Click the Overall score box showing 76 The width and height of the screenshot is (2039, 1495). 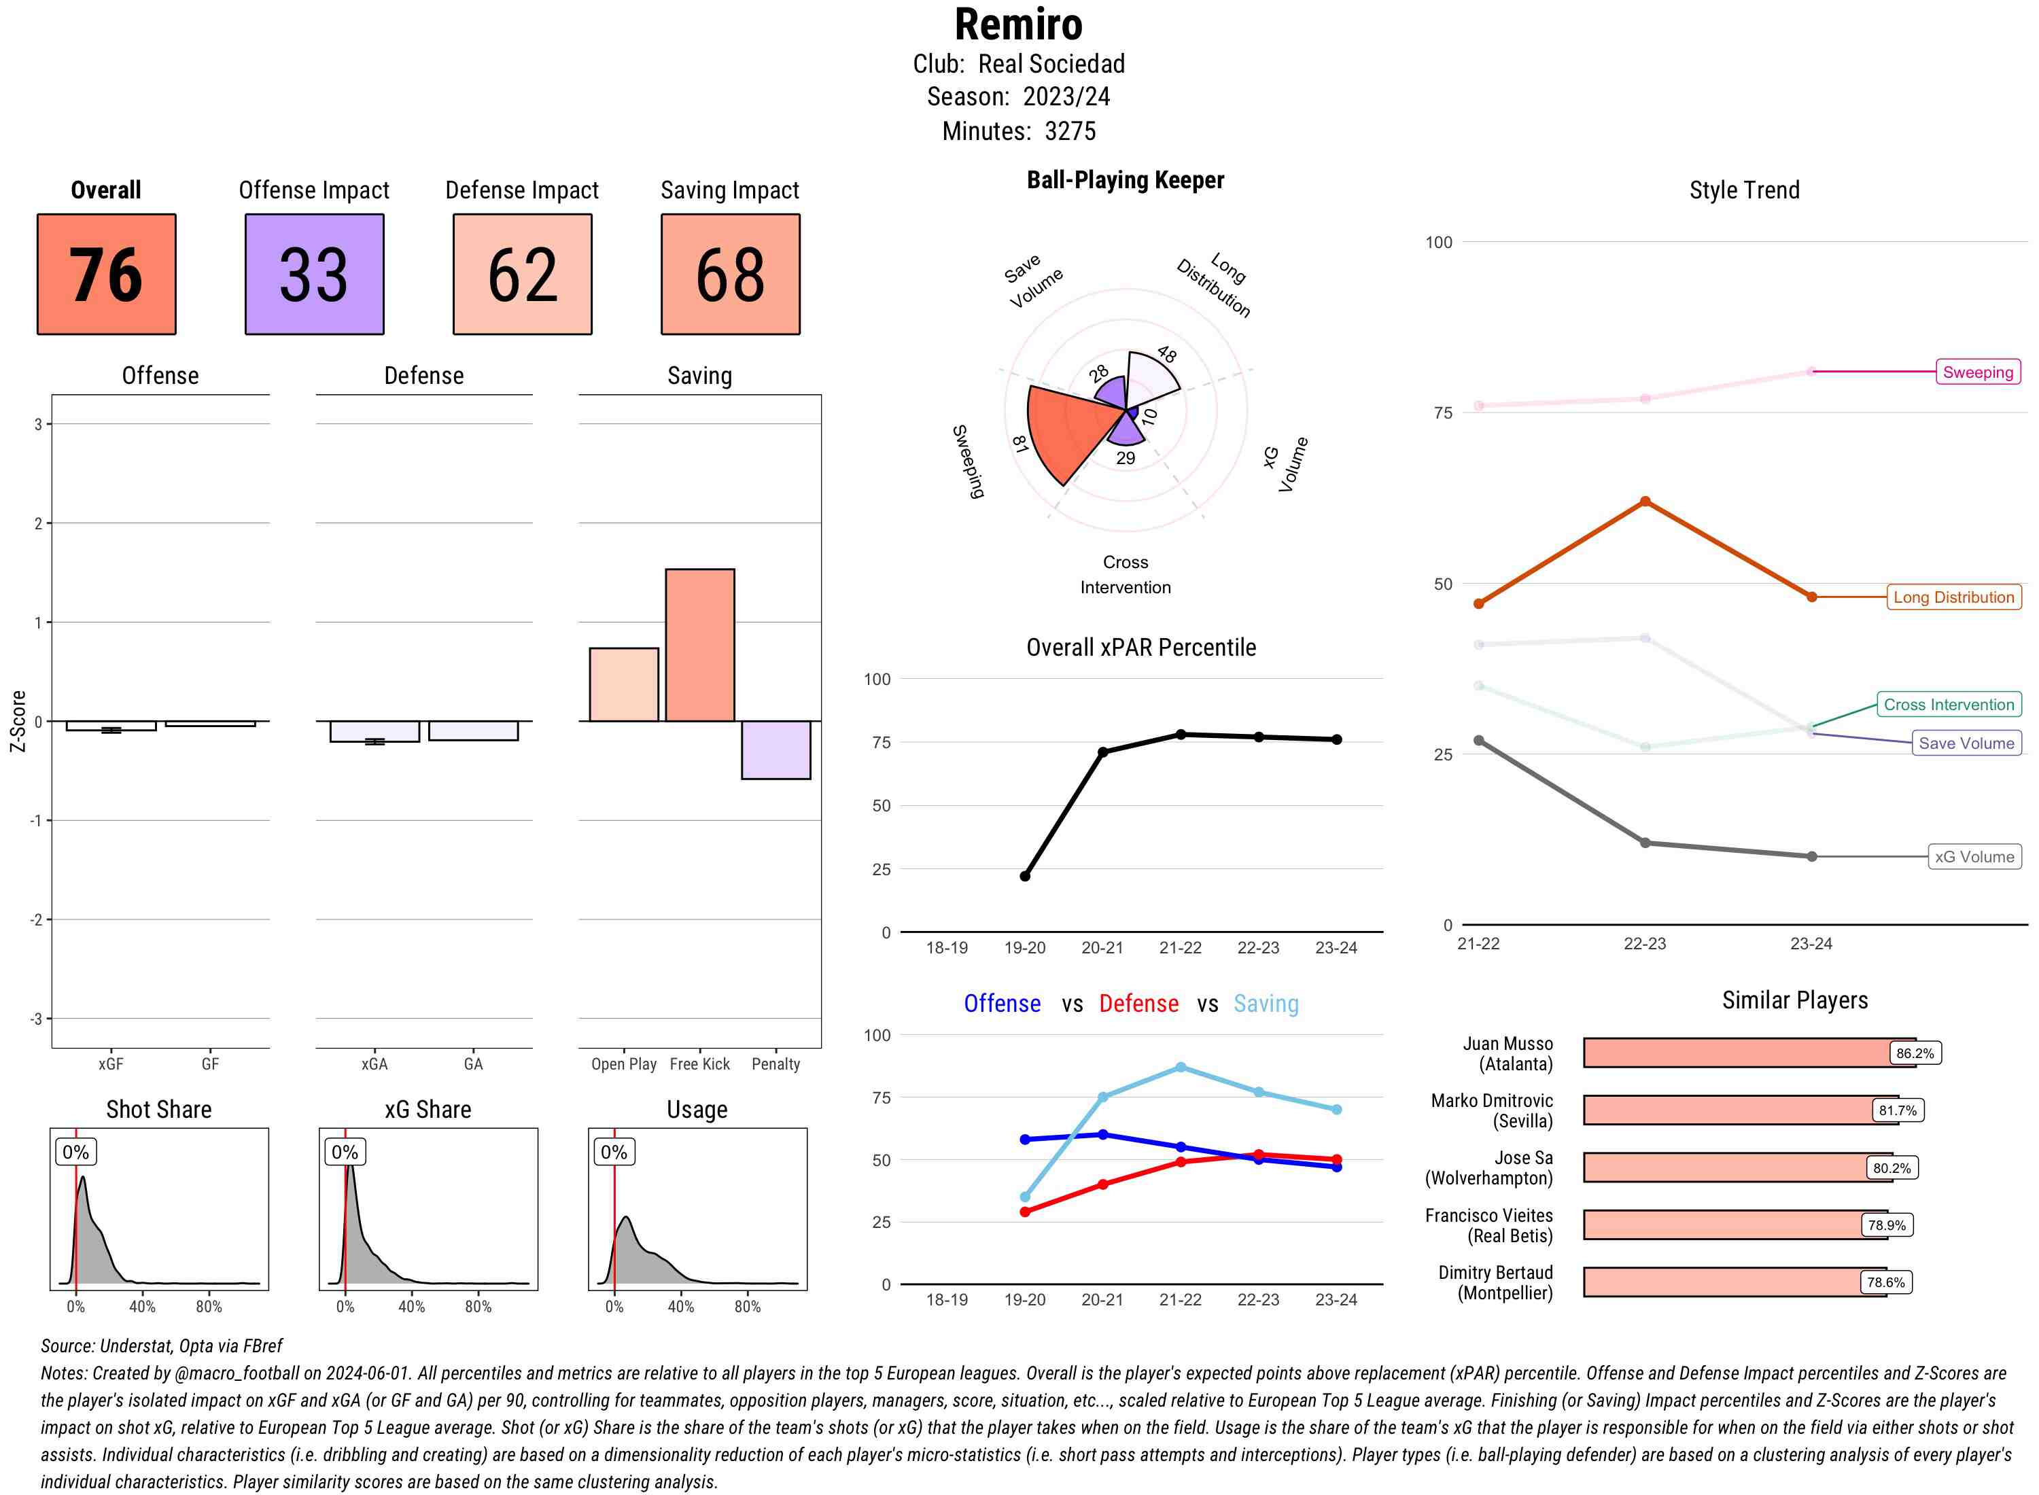pyautogui.click(x=106, y=275)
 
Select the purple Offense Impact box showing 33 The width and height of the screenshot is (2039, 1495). pyautogui.click(x=314, y=275)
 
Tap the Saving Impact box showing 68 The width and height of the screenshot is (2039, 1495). pyautogui.click(x=731, y=275)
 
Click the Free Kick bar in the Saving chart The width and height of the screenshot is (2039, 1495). pyautogui.click(x=699, y=646)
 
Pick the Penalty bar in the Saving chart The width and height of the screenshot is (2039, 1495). pyautogui.click(x=775, y=750)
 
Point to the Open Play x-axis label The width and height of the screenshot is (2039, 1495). pyautogui.click(x=623, y=1064)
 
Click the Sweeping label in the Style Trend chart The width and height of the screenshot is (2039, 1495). pyautogui.click(x=1977, y=372)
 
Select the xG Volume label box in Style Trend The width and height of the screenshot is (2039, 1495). pyautogui.click(x=1974, y=857)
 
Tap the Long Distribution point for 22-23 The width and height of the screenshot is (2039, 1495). pyautogui.click(x=1644, y=502)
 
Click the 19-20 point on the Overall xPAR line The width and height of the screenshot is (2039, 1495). pyautogui.click(x=1024, y=876)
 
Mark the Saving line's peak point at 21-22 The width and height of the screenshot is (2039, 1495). pyautogui.click(x=1180, y=1068)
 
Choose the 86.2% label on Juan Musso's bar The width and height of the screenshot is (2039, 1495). pyautogui.click(x=1914, y=1053)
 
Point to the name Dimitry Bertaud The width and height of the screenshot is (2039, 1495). pyautogui.click(x=1495, y=1272)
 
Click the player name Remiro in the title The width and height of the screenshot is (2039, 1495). pyautogui.click(x=1018, y=24)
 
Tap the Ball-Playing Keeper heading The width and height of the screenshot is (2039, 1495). pyautogui.click(x=1125, y=180)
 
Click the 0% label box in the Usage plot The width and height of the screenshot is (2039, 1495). pyautogui.click(x=614, y=1152)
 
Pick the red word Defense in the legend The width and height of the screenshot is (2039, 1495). pyautogui.click(x=1138, y=1004)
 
